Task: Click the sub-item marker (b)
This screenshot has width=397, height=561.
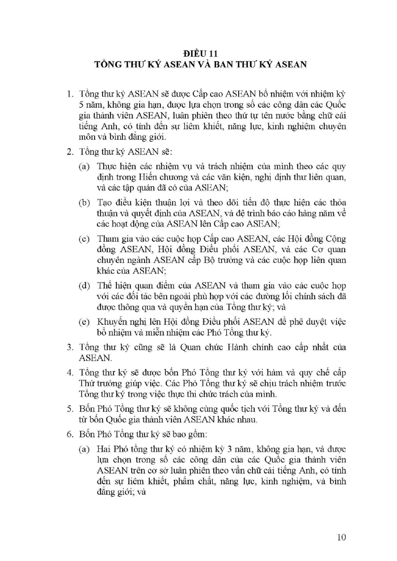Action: click(x=84, y=203)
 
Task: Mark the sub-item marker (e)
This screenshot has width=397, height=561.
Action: click(x=84, y=322)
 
